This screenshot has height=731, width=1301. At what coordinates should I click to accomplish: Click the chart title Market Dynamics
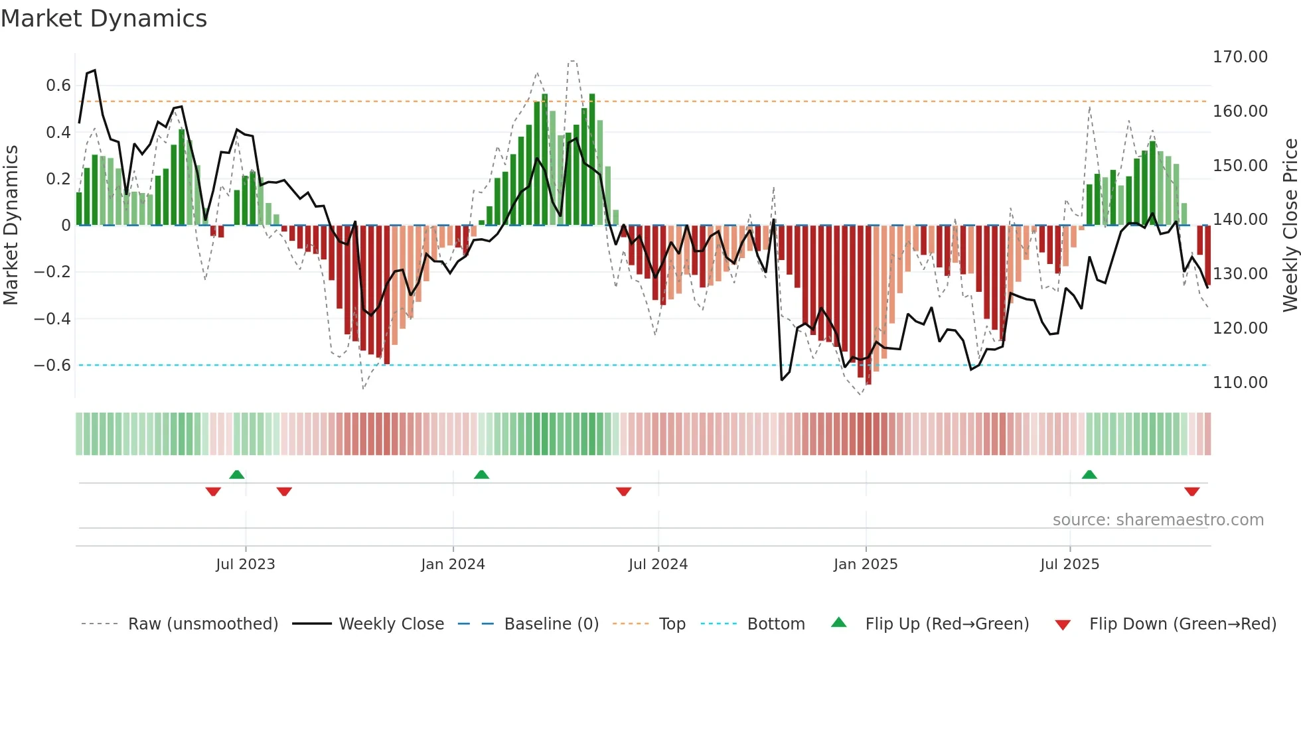[104, 19]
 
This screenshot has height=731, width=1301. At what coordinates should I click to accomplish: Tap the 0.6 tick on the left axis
[58, 86]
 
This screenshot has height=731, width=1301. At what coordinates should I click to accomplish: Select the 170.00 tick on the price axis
[1239, 57]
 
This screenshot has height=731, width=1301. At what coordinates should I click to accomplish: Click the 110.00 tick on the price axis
[1239, 383]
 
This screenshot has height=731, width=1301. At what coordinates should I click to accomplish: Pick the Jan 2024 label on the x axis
[453, 565]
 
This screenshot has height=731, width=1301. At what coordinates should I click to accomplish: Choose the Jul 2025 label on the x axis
[1069, 565]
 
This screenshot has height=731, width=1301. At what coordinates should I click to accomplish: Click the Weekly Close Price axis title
[1290, 226]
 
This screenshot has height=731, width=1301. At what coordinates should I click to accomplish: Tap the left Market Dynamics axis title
[11, 226]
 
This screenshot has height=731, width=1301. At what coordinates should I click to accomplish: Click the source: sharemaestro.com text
[1158, 520]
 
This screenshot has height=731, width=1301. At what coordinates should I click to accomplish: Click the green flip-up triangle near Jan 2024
[481, 475]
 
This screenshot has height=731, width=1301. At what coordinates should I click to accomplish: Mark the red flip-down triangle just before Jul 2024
[623, 492]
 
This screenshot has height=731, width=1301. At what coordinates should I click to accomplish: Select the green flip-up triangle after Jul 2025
[1089, 475]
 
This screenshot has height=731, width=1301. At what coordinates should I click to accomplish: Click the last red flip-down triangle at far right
[1191, 492]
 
